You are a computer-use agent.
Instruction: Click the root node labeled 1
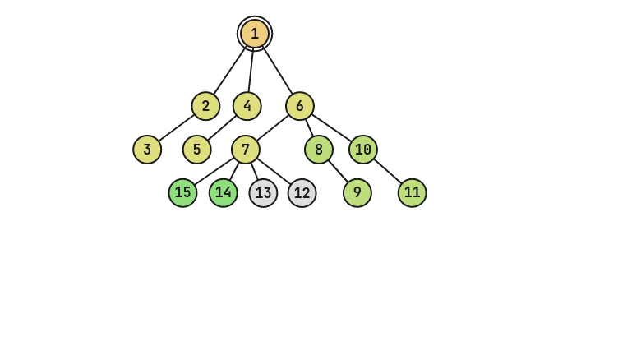point(255,34)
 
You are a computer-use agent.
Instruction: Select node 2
point(205,106)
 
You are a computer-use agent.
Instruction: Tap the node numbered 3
point(147,150)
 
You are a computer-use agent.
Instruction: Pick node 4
point(247,106)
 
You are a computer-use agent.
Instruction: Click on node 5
point(196,150)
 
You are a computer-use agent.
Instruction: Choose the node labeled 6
point(300,106)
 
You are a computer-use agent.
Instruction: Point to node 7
point(246,150)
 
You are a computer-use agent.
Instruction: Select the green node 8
point(319,150)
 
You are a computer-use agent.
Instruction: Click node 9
point(357,193)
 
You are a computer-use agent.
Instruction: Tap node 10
point(363,150)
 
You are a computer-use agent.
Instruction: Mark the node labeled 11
point(413,193)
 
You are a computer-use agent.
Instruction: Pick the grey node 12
point(302,193)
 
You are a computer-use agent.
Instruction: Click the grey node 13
point(263,193)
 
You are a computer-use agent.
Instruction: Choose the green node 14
point(224,193)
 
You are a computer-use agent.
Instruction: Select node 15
point(182,193)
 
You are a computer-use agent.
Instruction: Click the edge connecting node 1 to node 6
point(278,70)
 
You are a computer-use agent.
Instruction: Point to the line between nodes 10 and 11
point(388,171)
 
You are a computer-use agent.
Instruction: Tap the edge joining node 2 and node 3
point(176,128)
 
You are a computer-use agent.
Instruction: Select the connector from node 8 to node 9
point(338,171)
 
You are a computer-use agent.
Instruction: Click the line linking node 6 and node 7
point(273,128)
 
